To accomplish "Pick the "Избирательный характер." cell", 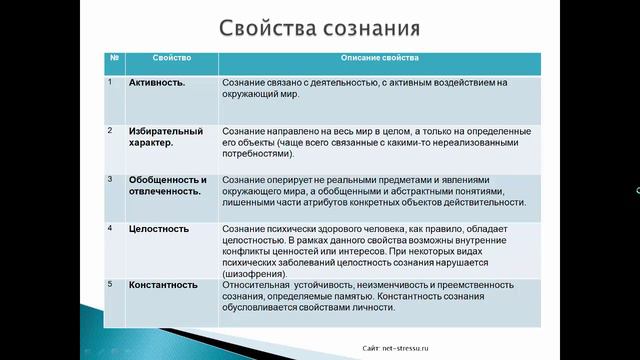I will point(166,137).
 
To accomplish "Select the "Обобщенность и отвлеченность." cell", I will point(168,186).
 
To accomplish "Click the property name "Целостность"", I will point(159,229).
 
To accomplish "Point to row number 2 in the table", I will point(110,130).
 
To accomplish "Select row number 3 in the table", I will point(110,179).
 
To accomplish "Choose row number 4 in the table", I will point(110,228).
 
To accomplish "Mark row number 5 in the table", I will point(110,284).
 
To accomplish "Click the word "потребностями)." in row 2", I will point(258,155).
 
